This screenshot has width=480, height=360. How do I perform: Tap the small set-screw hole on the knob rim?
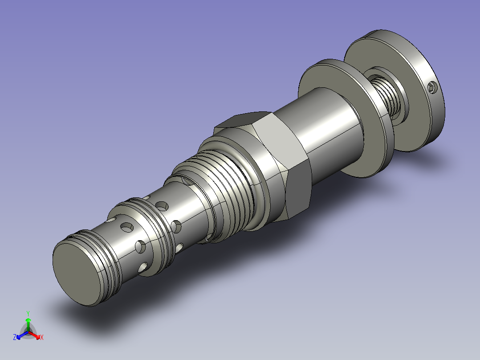tap(433, 88)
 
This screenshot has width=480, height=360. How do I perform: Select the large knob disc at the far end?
tap(395, 91)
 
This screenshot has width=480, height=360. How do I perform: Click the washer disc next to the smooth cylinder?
tap(346, 118)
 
